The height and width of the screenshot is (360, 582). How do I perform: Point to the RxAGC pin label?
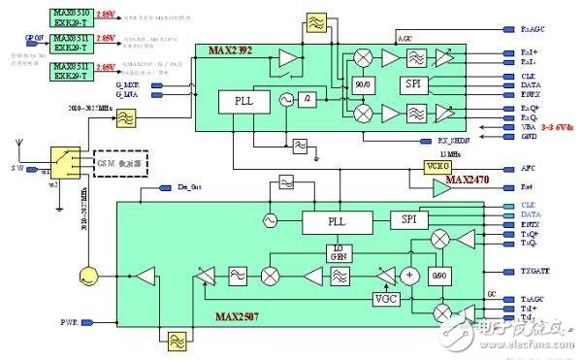coord(518,30)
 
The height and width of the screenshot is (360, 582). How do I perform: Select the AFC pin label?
coord(514,165)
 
